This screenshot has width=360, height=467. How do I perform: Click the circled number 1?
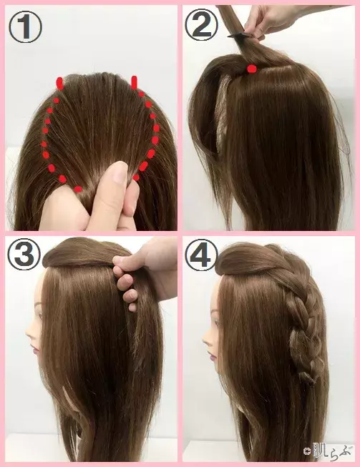[x=26, y=27]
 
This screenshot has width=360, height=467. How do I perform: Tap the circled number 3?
[x=24, y=255]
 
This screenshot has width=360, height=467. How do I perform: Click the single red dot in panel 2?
[x=252, y=69]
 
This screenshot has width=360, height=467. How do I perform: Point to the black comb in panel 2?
[x=241, y=35]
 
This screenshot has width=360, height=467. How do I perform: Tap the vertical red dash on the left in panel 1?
[x=60, y=84]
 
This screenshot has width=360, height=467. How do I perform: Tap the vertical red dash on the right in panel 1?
[x=134, y=82]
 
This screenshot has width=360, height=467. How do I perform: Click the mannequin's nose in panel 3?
[x=29, y=333]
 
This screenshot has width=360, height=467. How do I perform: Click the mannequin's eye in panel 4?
[x=216, y=312]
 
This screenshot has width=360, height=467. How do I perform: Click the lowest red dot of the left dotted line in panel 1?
[x=78, y=189]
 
